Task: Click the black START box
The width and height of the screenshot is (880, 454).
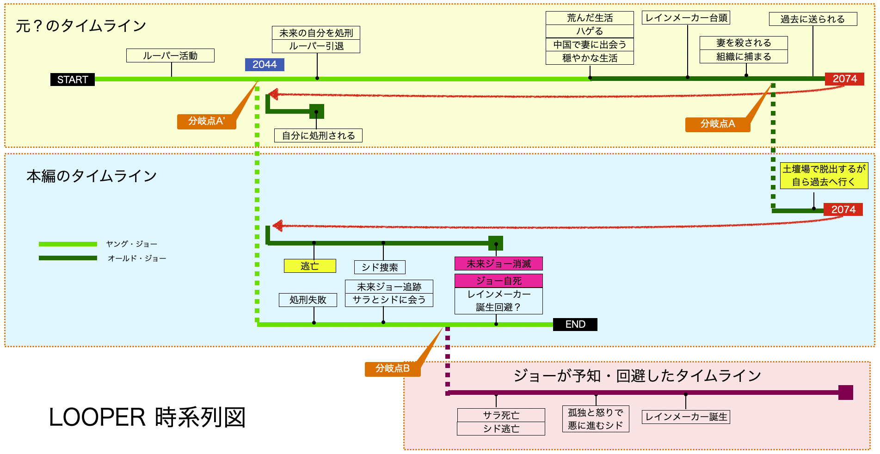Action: pos(73,80)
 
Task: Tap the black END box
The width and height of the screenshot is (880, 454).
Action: pos(575,325)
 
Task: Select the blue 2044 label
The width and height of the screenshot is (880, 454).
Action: pos(265,65)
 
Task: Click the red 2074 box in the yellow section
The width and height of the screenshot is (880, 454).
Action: pos(844,79)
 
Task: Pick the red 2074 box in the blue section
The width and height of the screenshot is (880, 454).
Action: pos(843,210)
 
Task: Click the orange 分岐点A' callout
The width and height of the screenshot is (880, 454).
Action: pos(207,122)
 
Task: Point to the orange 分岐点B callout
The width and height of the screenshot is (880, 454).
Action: pos(393,369)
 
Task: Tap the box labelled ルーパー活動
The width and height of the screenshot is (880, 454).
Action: pos(170,55)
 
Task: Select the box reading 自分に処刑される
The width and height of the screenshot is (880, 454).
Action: pos(318,135)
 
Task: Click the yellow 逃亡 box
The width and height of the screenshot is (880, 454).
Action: pos(310,266)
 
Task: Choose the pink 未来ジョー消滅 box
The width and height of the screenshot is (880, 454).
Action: pos(498,264)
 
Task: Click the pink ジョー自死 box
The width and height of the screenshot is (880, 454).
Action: pos(498,281)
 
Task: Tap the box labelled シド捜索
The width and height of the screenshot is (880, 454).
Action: pos(380,267)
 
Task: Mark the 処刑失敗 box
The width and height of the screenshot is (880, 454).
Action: pos(308,300)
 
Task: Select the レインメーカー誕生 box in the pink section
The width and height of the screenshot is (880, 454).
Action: pos(686,417)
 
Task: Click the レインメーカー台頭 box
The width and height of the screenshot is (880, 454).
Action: pos(686,18)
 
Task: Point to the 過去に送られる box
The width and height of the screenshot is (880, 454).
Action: pos(812,19)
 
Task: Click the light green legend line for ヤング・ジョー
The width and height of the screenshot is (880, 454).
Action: pos(68,244)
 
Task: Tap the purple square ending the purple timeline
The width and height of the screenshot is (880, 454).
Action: pos(845,393)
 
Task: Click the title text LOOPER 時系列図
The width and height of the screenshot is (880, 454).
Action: pos(147,417)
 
